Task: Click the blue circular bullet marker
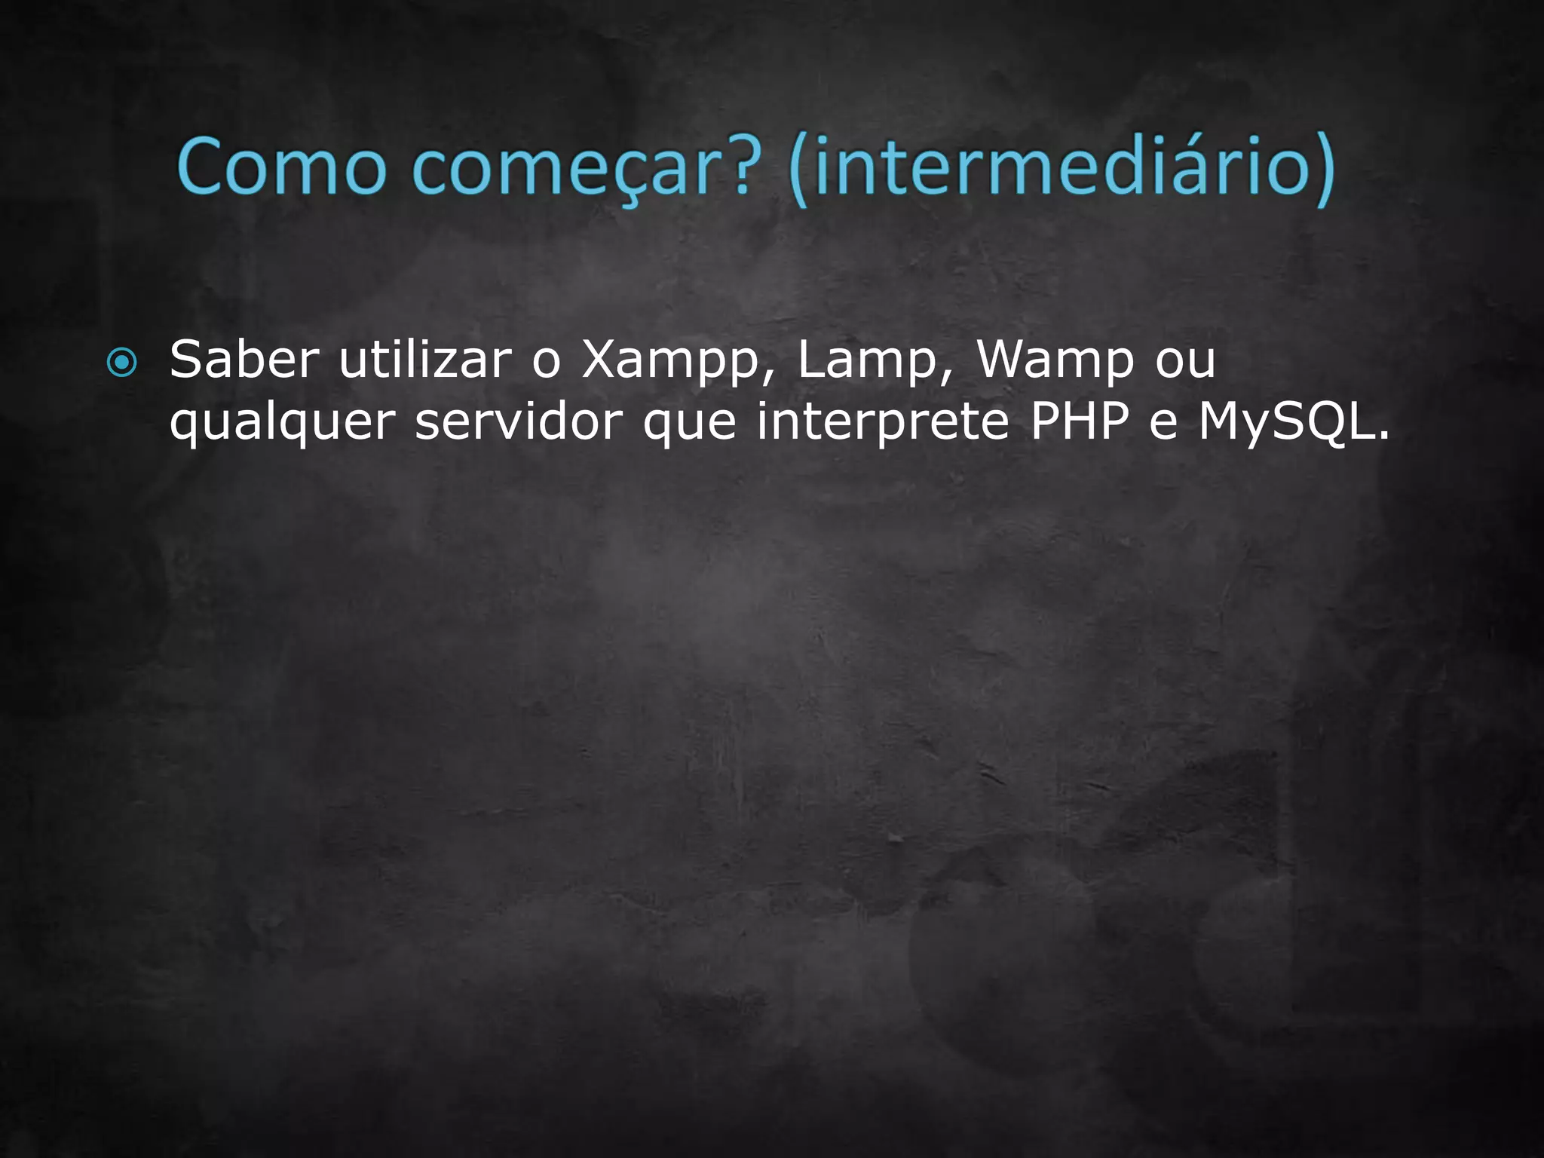122,363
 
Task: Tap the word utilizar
424,360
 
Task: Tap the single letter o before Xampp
547,361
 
